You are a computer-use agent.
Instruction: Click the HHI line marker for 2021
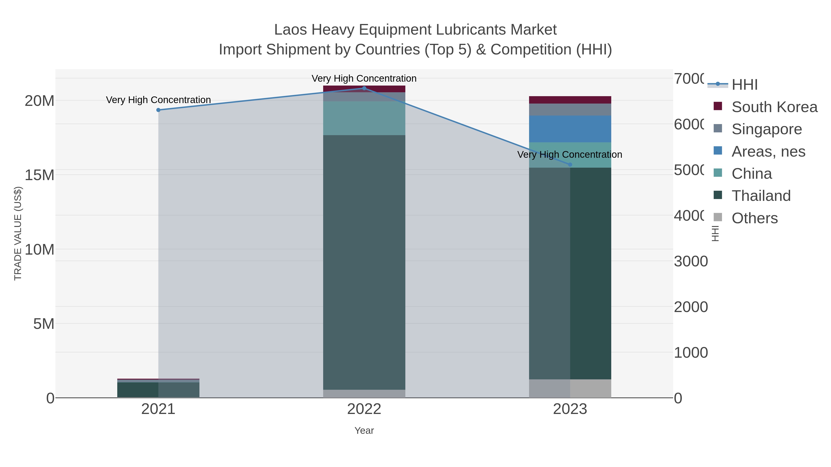click(158, 110)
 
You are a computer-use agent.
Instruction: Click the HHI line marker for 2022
click(364, 88)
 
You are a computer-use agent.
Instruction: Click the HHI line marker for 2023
click(570, 165)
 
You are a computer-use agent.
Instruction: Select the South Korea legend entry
click(774, 107)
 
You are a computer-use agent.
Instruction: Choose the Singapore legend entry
click(766, 129)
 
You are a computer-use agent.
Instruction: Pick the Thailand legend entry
click(761, 196)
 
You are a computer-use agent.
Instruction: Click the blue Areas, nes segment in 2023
click(570, 129)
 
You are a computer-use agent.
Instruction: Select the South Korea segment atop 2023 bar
click(570, 100)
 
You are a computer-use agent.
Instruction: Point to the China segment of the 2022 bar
click(364, 118)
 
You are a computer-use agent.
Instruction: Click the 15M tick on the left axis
click(39, 175)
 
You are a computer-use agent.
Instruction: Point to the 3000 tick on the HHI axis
click(691, 261)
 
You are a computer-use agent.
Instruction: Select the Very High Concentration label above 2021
click(158, 100)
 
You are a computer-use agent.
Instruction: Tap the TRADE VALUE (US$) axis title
click(18, 233)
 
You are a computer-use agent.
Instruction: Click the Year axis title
click(364, 431)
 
